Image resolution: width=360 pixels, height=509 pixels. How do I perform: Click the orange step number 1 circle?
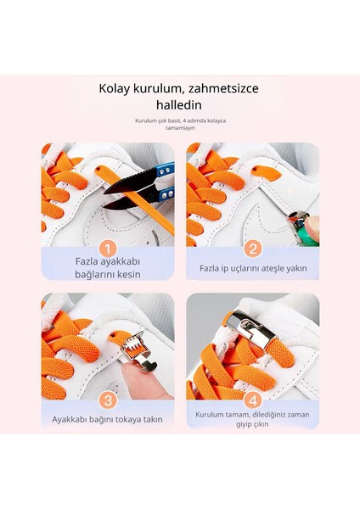pos(108,249)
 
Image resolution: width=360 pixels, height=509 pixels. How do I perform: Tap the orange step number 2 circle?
pos(252,249)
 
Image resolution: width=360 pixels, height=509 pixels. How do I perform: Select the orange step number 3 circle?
pos(108,400)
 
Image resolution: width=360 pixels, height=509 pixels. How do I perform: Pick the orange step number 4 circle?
pos(252,400)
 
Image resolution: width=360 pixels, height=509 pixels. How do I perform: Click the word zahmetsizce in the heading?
pos(223,88)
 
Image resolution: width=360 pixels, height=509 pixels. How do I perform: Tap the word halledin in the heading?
pos(179,105)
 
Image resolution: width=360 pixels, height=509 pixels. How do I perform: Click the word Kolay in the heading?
pos(114,88)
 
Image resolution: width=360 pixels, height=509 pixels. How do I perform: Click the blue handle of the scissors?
pos(165,184)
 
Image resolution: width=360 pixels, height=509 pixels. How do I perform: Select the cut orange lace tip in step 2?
pos(266,174)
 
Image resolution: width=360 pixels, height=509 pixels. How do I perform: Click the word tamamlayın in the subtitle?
pos(180,128)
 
